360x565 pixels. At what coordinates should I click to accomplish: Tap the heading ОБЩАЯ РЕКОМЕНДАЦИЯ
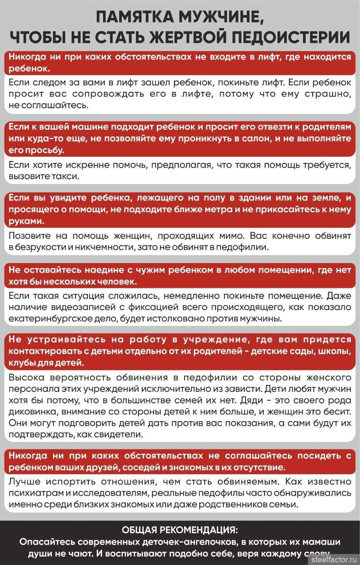(180, 529)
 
